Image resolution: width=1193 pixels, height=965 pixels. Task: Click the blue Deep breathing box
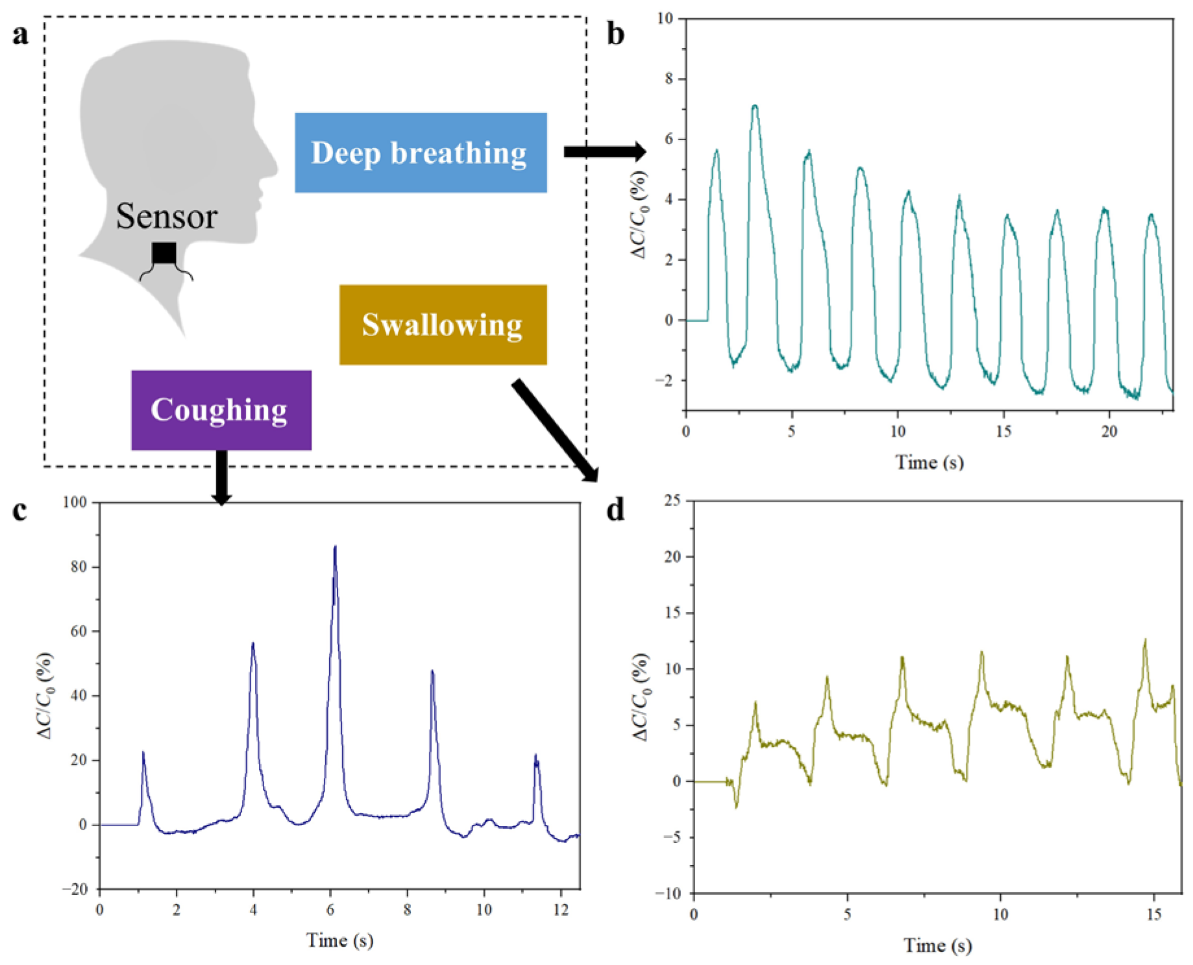click(421, 153)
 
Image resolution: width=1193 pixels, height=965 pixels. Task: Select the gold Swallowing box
click(443, 324)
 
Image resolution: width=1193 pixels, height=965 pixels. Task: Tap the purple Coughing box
click(221, 409)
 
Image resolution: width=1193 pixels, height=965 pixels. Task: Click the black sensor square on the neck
click(164, 253)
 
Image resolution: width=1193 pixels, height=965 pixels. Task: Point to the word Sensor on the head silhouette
click(166, 216)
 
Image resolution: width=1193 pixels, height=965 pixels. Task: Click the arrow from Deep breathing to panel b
click(604, 152)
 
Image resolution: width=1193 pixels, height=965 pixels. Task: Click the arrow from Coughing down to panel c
click(221, 477)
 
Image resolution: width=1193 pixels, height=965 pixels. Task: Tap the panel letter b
click(615, 34)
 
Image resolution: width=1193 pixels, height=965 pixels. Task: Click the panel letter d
click(615, 510)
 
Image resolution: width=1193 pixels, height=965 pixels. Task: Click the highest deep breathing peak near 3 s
click(755, 106)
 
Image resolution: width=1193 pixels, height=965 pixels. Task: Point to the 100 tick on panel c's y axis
click(75, 502)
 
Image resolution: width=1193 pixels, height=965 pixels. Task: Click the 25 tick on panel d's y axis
click(672, 500)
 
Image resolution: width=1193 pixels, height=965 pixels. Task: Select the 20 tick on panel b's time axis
click(1109, 432)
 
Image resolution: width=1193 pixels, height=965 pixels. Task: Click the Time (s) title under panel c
click(339, 940)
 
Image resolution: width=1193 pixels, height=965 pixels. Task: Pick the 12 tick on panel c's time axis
click(561, 910)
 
